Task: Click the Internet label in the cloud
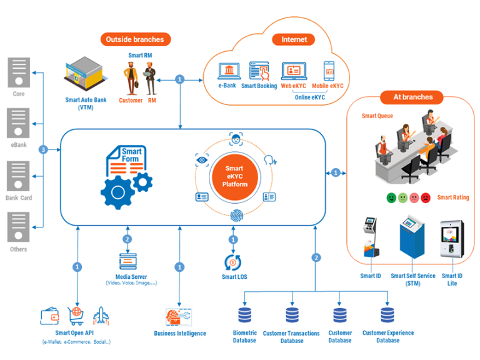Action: tap(294, 39)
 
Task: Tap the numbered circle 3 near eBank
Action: tap(42, 150)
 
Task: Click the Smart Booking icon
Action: tap(259, 70)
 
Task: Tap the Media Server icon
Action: tap(127, 261)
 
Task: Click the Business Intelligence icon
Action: tap(179, 316)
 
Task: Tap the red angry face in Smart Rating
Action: tap(426, 197)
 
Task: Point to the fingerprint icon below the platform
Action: tap(236, 216)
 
